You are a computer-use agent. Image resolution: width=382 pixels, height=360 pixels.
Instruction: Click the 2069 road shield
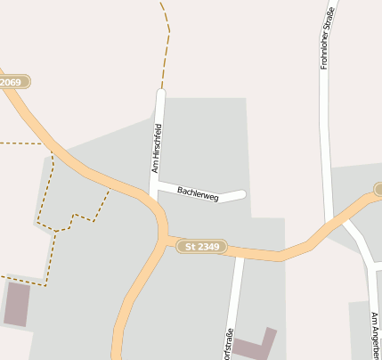(13, 82)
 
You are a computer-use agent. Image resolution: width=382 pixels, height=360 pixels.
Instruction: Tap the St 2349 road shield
(203, 245)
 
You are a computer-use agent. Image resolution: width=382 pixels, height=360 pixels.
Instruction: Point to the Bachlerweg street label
(198, 192)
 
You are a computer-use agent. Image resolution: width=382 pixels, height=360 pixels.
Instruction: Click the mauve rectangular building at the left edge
(17, 303)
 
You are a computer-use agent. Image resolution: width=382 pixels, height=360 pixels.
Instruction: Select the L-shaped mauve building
(256, 346)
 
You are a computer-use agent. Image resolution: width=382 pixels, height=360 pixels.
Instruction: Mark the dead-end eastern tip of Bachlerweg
(241, 193)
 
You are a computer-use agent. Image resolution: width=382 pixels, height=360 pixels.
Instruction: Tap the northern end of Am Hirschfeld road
(161, 92)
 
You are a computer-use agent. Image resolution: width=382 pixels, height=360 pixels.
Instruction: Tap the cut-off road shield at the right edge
(378, 189)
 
